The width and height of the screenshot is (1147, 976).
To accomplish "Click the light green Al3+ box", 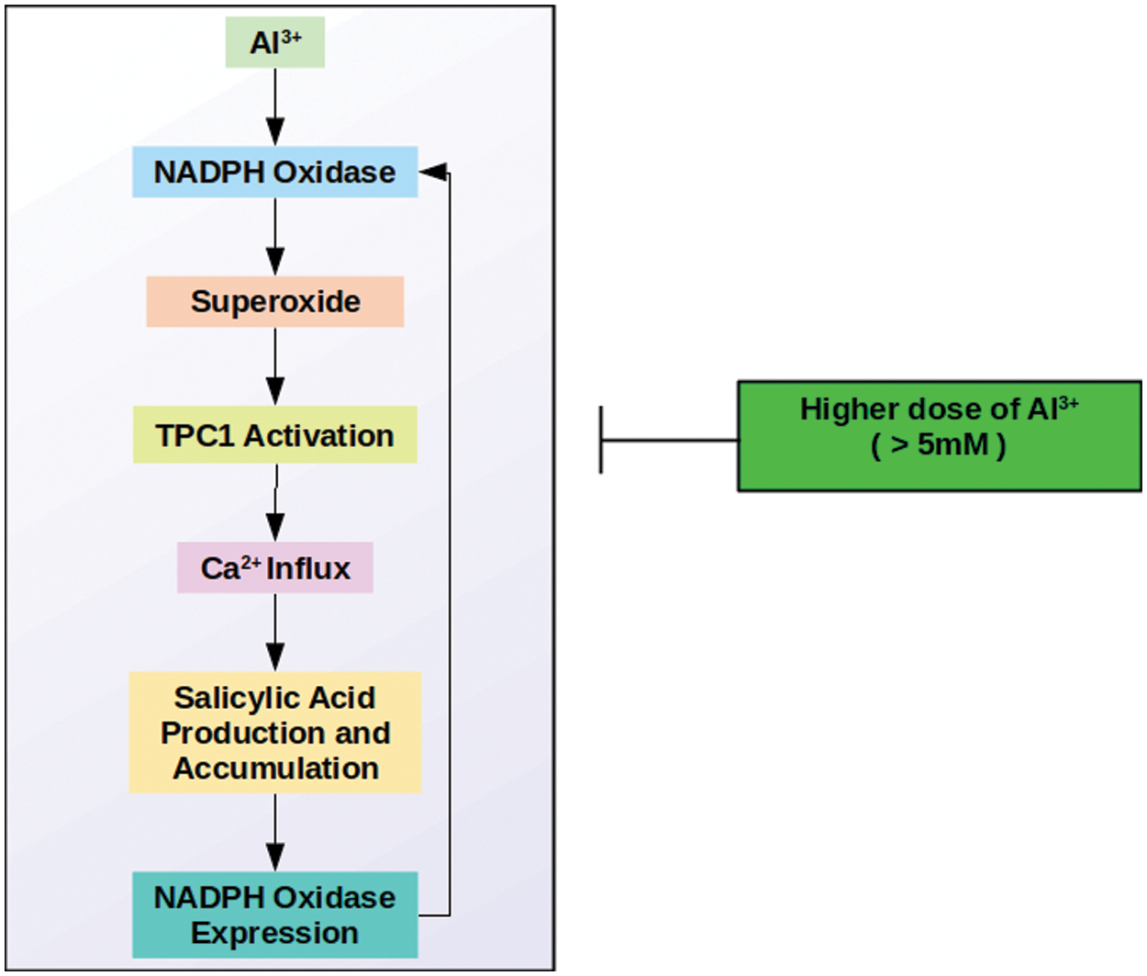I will click(x=275, y=42).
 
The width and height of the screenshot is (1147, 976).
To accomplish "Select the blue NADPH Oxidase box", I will click(x=275, y=172).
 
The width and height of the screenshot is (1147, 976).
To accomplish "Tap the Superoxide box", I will click(x=275, y=301).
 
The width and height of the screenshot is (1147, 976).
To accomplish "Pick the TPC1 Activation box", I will click(x=275, y=435).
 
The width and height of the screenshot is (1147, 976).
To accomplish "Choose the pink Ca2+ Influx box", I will click(x=275, y=567).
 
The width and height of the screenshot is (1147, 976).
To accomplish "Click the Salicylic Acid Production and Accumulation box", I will click(x=275, y=733).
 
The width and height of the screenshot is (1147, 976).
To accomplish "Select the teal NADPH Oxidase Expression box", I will click(x=275, y=914).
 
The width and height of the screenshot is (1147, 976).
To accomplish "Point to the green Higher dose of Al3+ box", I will click(x=939, y=436).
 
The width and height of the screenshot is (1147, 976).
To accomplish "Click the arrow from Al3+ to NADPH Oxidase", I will click(x=275, y=107).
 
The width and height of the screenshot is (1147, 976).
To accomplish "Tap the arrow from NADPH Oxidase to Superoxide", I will click(x=275, y=237).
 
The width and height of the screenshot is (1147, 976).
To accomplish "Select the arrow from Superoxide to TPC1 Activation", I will click(x=275, y=367).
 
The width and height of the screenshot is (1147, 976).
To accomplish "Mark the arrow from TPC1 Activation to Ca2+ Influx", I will click(x=275, y=503).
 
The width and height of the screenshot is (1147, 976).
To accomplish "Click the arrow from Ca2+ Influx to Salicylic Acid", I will click(x=275, y=633).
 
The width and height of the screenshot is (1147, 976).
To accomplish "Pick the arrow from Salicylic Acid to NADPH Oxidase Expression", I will click(x=275, y=833).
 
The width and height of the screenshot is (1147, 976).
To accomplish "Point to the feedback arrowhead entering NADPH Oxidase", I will click(x=433, y=172).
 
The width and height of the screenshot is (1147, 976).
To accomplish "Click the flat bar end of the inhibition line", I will click(x=601, y=440).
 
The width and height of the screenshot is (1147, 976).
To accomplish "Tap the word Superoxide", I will click(x=275, y=301).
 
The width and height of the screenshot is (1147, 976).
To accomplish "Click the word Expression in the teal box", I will click(x=275, y=933).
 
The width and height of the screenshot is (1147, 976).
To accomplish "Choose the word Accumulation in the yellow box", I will click(x=275, y=768).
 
